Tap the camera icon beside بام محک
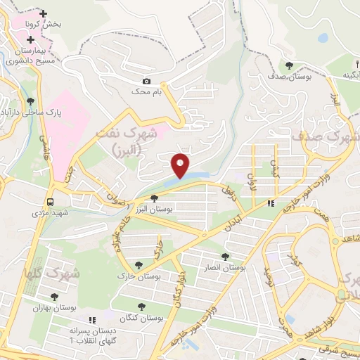(x=146, y=82)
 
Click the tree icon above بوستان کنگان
(x=141, y=307)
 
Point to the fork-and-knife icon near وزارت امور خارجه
(x=271, y=204)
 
